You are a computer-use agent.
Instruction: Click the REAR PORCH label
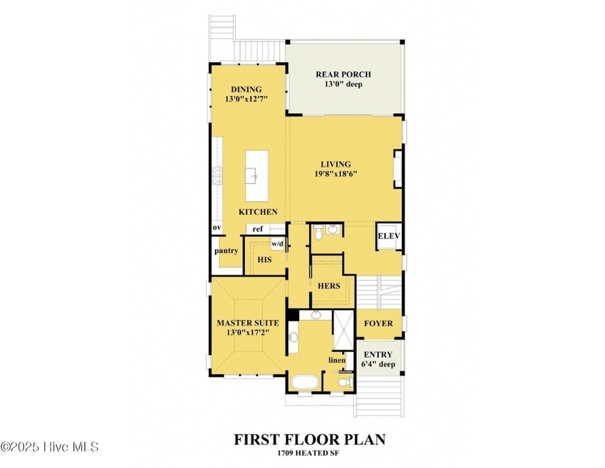pos(343,74)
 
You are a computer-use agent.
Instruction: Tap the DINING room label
pos(246,89)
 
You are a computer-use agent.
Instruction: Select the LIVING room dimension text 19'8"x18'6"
pos(336,174)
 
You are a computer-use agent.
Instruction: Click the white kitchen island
pos(257,176)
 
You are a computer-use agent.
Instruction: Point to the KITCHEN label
pos(258,212)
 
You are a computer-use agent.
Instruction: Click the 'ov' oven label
pos(217,228)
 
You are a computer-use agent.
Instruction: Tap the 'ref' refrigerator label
pos(257,229)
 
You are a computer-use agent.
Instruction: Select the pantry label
pos(226,251)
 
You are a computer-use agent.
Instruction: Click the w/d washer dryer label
pos(277,244)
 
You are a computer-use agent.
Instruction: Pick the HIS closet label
pos(264,260)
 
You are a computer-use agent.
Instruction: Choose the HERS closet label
pos(328,286)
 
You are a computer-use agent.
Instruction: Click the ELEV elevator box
pos(389,236)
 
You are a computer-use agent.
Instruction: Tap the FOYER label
pos(378,324)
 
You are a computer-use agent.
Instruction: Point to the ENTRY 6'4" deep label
pos(378,359)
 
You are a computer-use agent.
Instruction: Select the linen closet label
pos(337,360)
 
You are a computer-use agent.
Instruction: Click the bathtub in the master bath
pos(305,383)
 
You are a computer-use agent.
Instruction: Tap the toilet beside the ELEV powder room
pos(318,233)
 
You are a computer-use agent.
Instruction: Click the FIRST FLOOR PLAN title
pos(310,440)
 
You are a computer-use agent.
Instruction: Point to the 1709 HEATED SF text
pos(308,454)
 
